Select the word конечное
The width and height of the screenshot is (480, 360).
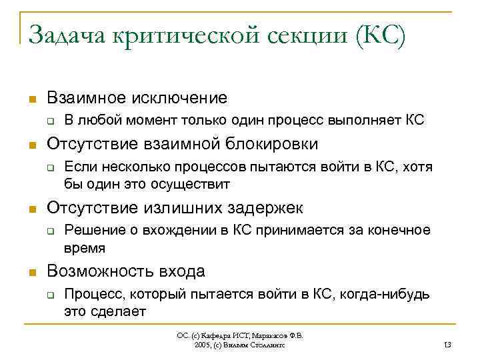tap(400, 231)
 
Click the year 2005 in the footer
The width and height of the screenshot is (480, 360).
tap(202, 344)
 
